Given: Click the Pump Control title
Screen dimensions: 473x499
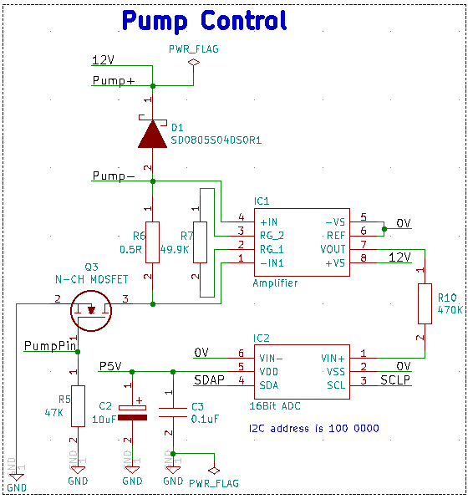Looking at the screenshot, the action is point(204,21).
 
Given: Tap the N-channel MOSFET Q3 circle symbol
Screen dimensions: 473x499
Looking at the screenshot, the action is point(91,311).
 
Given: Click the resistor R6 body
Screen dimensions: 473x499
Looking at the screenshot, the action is point(152,242).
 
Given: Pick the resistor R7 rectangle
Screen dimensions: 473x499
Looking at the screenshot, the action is point(200,242).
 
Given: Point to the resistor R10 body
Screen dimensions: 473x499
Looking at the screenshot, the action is point(425,303).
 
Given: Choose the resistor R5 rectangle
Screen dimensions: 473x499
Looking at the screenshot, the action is point(78,405).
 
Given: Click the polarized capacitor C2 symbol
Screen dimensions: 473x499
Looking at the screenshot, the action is point(132,413).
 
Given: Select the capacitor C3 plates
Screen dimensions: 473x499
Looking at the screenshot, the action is point(173,412).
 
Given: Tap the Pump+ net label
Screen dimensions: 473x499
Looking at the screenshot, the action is point(114,81).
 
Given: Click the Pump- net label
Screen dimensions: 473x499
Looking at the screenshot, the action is point(114,176).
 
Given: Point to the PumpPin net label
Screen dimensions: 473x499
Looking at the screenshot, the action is point(50,346).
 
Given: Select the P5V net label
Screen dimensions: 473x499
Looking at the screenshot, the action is point(110,366).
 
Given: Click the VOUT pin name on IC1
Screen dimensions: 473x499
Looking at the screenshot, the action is point(333,249).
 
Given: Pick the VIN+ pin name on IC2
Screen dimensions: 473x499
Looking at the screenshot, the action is point(333,359).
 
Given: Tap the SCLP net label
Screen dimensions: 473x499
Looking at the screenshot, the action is point(395,379).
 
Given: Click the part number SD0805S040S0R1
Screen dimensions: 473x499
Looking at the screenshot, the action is point(216,140).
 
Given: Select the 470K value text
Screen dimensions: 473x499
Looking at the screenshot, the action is point(450,310).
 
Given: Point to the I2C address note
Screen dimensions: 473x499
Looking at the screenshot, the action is point(314,428).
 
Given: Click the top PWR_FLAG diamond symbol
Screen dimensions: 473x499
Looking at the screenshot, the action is point(194,63).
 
